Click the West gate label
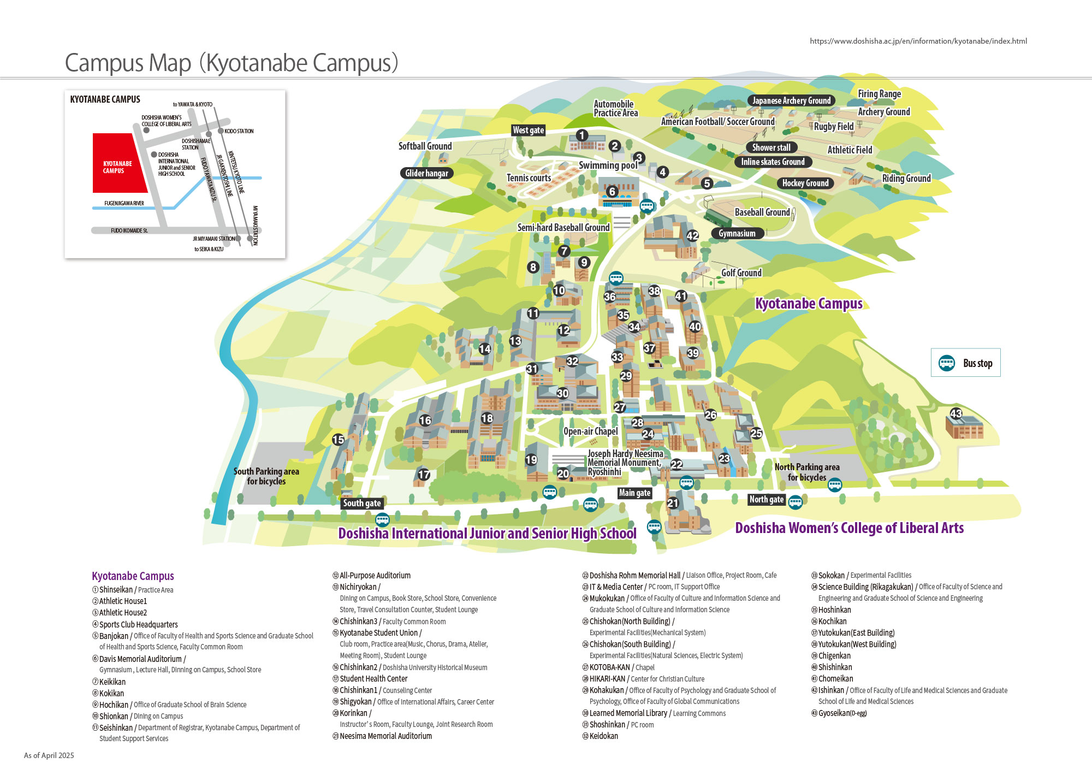pos(529,130)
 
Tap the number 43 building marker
pos(956,413)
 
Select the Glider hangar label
pos(426,173)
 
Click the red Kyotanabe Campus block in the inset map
pos(117,163)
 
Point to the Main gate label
pos(634,493)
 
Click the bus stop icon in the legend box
pos(947,363)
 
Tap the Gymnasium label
pos(737,233)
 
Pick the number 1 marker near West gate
pos(582,135)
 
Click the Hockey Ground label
pos(805,183)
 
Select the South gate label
pos(362,503)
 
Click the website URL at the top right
pos(918,41)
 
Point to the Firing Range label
pos(879,94)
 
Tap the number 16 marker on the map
pos(425,421)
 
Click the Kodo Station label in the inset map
pos(239,131)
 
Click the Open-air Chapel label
pos(591,431)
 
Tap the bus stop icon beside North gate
pos(796,502)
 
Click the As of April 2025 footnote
pos(49,755)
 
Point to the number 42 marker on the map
pos(692,235)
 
